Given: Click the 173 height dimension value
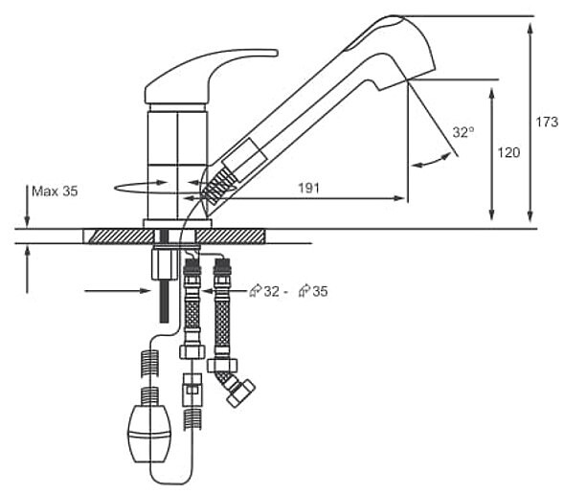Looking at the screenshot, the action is [547, 122].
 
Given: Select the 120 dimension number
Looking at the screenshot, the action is [508, 152].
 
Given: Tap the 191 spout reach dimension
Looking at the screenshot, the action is [308, 188].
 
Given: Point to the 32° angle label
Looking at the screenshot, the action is [463, 132].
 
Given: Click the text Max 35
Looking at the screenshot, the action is [55, 191].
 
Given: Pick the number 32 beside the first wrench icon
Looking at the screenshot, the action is [272, 291].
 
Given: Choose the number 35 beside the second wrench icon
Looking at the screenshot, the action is [320, 291].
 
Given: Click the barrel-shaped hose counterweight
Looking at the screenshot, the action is [149, 434].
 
